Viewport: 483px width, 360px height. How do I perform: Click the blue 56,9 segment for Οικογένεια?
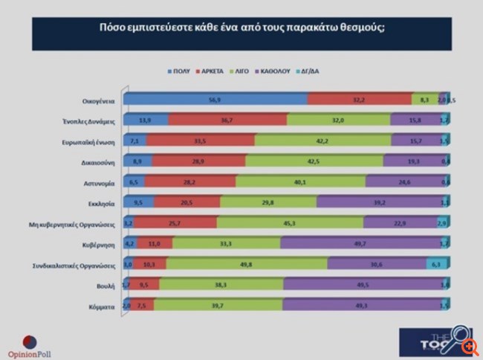click(x=215, y=99)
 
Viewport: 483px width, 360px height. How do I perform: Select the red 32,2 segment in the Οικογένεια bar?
click(x=360, y=99)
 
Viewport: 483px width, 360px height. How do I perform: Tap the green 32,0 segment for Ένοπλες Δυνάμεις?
click(x=338, y=120)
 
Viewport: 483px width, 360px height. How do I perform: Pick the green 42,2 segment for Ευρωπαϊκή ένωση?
click(x=323, y=141)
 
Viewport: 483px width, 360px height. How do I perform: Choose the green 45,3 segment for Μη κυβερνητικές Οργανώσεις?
click(x=290, y=222)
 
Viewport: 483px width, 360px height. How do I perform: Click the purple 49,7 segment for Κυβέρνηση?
click(x=360, y=243)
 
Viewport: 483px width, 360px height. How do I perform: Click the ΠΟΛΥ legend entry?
click(x=181, y=71)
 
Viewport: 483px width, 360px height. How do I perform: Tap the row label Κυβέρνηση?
click(x=98, y=243)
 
